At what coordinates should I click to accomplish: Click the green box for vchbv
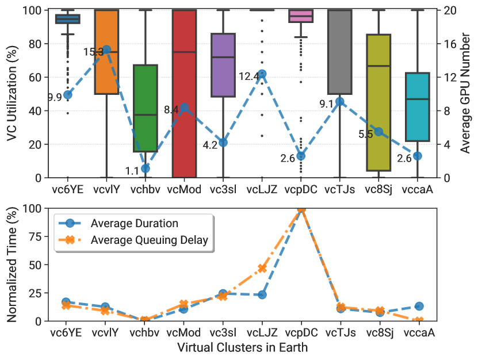click(146, 108)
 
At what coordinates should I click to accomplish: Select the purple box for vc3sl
click(223, 65)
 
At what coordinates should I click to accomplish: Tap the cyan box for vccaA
click(418, 107)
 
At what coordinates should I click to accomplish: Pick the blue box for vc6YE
click(68, 19)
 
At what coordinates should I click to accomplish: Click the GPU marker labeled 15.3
click(106, 49)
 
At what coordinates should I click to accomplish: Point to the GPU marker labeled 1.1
click(146, 168)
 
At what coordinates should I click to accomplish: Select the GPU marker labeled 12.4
click(262, 74)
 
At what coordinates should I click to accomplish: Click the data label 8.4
click(171, 110)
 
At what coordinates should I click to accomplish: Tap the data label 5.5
click(365, 134)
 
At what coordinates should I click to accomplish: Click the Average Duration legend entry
click(118, 224)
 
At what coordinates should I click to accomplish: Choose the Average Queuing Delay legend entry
click(133, 240)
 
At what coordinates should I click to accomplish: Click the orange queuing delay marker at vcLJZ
click(262, 268)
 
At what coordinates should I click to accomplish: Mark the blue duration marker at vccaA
click(419, 307)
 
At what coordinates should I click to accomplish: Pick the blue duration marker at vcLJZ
click(262, 295)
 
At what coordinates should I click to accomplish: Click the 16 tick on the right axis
click(450, 44)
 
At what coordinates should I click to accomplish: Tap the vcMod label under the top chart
click(184, 190)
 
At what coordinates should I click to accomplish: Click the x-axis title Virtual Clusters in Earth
click(243, 348)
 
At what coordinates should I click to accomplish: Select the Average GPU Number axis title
click(465, 93)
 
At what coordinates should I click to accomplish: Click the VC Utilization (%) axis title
click(12, 94)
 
